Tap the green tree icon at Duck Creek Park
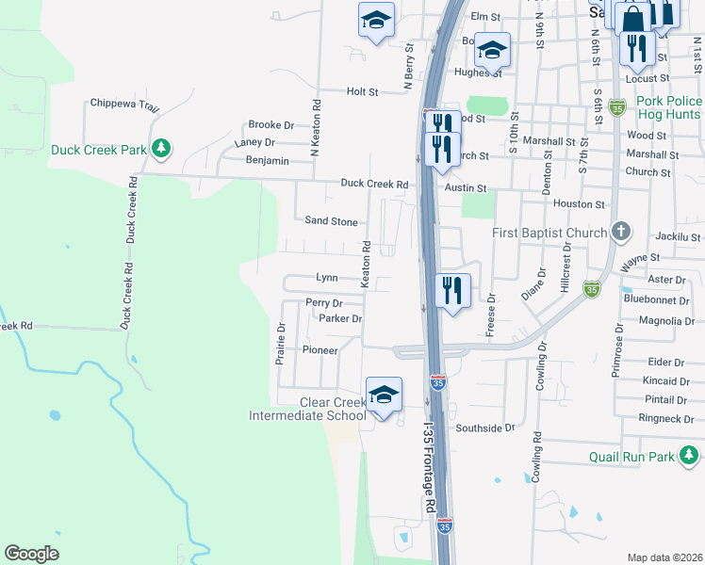click(161, 149)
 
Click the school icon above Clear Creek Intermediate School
click(384, 395)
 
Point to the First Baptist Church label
click(550, 233)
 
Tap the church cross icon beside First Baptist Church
click(620, 231)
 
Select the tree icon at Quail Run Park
click(692, 458)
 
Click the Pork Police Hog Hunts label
click(656, 107)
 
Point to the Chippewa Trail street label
click(124, 105)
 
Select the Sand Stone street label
click(331, 222)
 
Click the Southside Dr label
click(485, 428)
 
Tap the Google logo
click(31, 554)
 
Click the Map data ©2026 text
click(664, 557)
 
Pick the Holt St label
click(362, 92)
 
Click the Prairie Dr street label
click(280, 344)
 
